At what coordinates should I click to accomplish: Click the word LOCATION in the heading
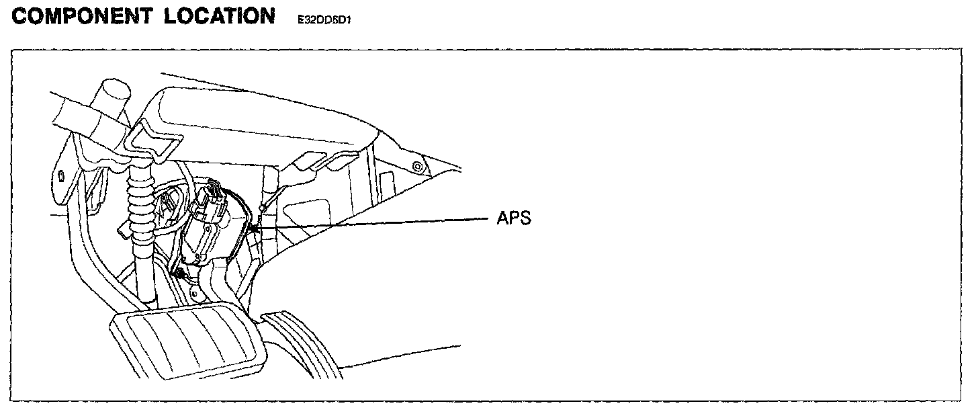coord(219,16)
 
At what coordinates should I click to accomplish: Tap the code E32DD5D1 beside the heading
coord(325,20)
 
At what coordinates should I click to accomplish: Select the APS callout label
coord(513,219)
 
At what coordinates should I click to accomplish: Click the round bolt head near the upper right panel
coord(418,165)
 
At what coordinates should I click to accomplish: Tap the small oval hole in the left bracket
coord(61,176)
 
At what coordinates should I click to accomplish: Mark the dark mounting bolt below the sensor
coord(179,274)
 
